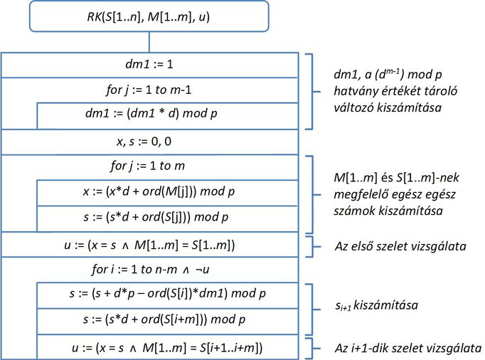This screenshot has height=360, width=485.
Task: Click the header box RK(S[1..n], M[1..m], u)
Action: (149, 16)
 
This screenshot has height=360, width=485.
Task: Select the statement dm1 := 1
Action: (149, 64)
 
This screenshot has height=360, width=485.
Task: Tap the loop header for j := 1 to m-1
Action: (149, 90)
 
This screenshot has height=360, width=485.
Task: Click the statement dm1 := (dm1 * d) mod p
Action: (151, 113)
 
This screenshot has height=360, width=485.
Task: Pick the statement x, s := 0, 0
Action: (144, 142)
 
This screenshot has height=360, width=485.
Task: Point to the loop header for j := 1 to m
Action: (147, 166)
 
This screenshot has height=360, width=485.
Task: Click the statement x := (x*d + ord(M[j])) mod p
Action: (159, 191)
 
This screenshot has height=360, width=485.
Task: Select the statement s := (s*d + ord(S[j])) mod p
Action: (156, 217)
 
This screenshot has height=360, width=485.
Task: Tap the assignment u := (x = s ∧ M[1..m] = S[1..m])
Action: (149, 245)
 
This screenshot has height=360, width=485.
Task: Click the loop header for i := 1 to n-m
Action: (150, 270)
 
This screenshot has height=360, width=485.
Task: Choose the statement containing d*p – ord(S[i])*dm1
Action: (167, 293)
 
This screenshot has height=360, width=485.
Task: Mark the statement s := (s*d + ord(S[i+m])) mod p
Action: (164, 319)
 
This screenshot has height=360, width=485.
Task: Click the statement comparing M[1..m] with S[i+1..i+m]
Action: (167, 348)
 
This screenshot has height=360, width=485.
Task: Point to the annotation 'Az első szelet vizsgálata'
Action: (400, 246)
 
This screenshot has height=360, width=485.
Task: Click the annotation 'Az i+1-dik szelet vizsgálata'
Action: (408, 348)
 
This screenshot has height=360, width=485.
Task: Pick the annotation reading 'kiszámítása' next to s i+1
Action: (385, 305)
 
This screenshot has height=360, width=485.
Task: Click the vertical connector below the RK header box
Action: (149, 42)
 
